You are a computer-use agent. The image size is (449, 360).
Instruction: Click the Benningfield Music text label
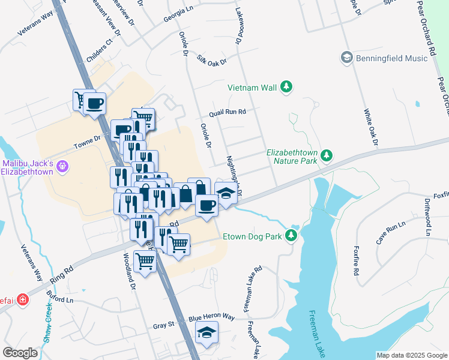392,58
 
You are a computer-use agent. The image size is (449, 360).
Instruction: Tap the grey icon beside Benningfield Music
346,57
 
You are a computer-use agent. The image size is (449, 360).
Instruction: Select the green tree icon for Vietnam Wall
287,88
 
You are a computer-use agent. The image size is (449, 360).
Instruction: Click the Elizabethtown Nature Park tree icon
327,155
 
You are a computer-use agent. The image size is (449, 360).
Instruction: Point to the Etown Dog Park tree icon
292,236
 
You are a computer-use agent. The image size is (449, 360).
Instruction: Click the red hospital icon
23,299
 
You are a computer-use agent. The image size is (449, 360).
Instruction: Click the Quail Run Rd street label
228,112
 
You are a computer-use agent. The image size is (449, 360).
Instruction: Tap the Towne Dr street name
86,142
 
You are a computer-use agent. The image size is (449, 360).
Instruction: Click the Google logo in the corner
20,353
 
